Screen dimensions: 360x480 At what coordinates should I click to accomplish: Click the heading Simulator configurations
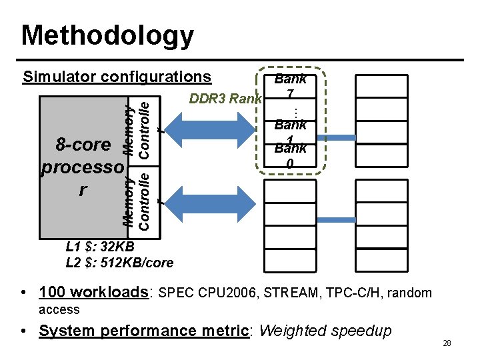tap(117, 77)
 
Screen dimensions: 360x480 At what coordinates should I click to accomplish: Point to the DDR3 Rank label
tap(225, 99)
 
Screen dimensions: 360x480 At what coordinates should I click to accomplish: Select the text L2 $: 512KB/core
tap(119, 263)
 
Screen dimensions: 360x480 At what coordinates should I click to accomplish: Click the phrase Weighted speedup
tap(325, 331)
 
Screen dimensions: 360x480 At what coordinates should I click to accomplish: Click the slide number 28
tap(447, 343)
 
